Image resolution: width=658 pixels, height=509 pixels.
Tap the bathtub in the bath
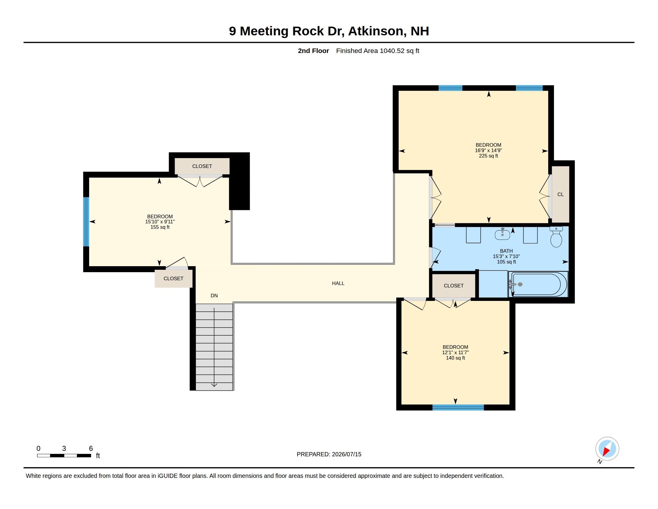coord(538,284)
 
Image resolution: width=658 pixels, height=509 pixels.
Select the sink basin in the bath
coord(502,234)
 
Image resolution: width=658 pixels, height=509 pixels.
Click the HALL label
coord(338,283)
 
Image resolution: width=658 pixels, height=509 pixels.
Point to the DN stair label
coord(214,296)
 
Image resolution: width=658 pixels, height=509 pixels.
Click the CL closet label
coord(560,195)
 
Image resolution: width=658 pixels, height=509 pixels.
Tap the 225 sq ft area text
coord(488,156)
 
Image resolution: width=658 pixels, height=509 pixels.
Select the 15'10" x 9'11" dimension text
coord(160,222)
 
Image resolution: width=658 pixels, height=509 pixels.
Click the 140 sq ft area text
coord(455,358)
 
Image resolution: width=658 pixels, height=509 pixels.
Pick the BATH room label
coord(506,251)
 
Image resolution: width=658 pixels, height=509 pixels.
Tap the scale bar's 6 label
coord(91,449)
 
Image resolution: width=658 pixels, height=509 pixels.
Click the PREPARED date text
coord(329,454)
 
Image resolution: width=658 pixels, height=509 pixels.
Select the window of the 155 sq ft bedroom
coord(86,222)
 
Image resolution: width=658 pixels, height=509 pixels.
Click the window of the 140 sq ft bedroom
coord(458,407)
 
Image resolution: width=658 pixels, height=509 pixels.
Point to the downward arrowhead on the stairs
coord(214,385)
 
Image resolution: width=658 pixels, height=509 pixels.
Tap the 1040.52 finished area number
coord(392,51)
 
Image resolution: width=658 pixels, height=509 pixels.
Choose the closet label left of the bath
coord(453,286)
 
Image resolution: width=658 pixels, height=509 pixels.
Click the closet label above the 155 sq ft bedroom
coord(202,166)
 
